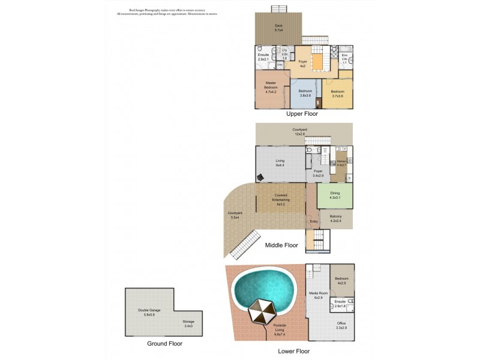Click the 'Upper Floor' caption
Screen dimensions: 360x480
click(302, 113)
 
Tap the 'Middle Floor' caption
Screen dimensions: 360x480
click(282, 245)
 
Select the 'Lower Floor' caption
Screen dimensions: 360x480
click(294, 351)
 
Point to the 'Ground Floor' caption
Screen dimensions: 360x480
click(164, 344)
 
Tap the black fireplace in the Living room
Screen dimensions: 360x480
click(260, 177)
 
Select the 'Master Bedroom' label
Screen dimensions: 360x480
click(270, 88)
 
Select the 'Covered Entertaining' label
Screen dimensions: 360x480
click(280, 197)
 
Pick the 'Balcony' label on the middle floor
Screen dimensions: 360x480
click(335, 218)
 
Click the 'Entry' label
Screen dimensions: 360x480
click(313, 222)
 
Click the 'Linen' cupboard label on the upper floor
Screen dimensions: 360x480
click(280, 64)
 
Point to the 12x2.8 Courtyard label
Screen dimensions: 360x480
click(300, 131)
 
